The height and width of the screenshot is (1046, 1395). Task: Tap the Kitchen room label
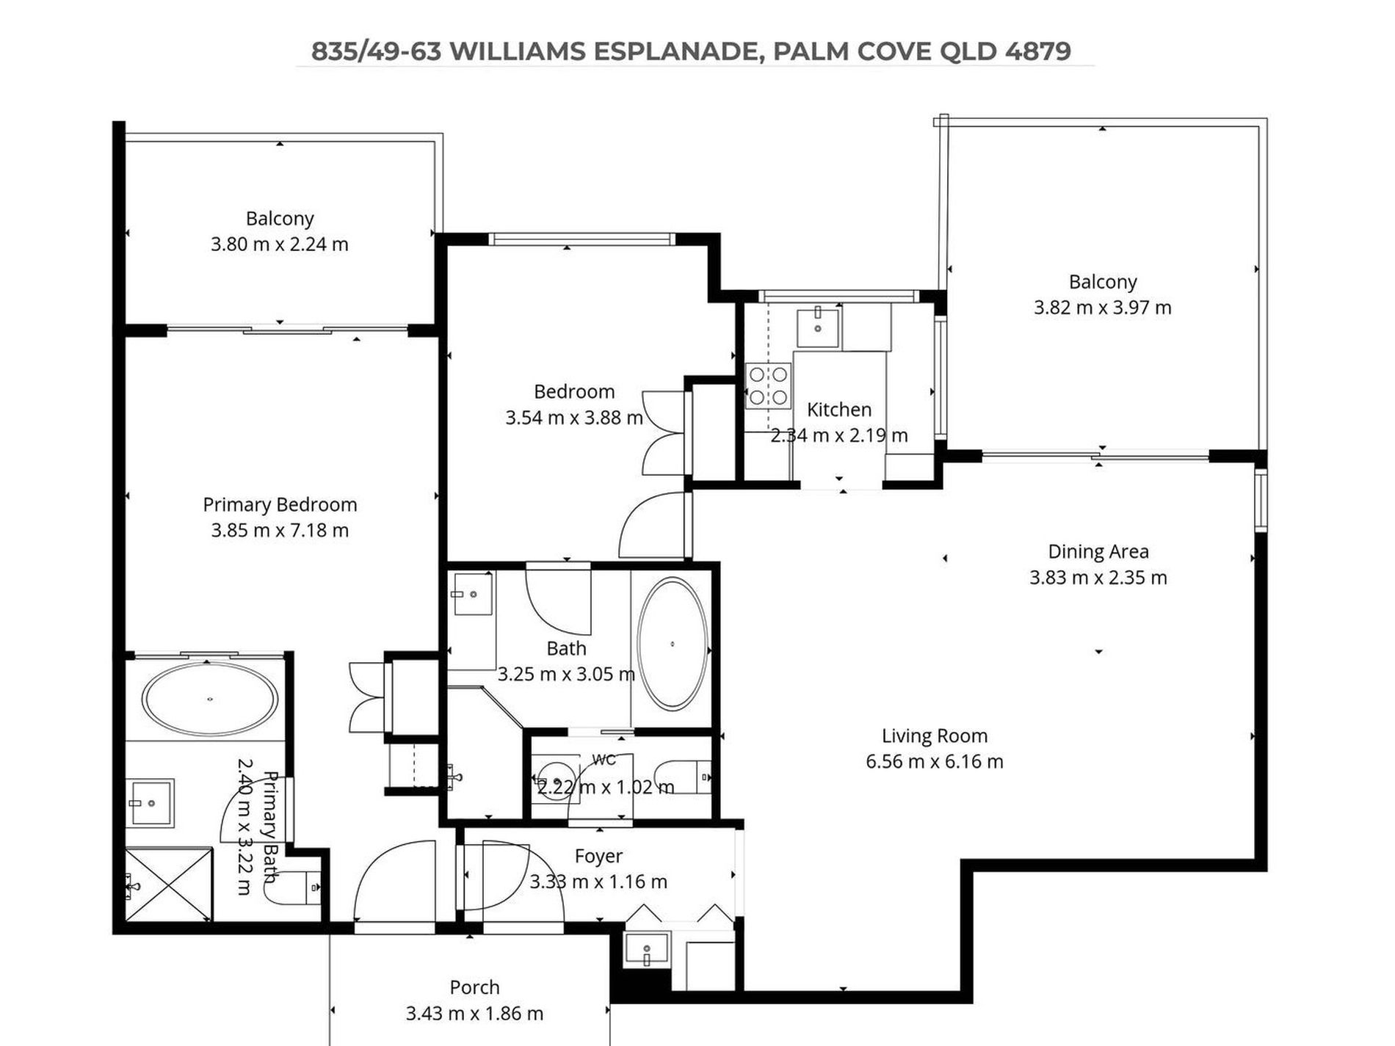(x=839, y=410)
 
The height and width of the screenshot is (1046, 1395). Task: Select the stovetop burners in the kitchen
(x=768, y=386)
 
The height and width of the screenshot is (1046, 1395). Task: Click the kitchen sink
(x=817, y=326)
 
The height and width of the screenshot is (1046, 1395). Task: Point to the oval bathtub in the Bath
(x=672, y=644)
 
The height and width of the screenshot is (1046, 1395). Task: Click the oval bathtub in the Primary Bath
(x=210, y=699)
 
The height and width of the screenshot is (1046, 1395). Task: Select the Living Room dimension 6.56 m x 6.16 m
(x=934, y=762)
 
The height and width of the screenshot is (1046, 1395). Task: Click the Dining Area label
(x=1098, y=551)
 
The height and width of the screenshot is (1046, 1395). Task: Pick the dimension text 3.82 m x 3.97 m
(x=1102, y=308)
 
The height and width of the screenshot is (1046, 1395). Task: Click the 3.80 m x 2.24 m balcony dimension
(x=280, y=244)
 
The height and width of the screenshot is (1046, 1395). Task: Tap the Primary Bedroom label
(x=280, y=505)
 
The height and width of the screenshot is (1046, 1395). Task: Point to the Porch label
(x=474, y=987)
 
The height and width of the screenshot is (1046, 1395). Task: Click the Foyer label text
(x=598, y=856)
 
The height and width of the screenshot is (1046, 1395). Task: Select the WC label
(x=604, y=760)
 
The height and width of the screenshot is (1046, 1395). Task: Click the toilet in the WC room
(x=682, y=777)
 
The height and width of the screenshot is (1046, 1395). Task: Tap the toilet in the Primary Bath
(x=293, y=887)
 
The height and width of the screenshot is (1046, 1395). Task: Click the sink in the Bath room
(x=472, y=593)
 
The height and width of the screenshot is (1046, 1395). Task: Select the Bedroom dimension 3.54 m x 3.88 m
(x=574, y=418)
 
